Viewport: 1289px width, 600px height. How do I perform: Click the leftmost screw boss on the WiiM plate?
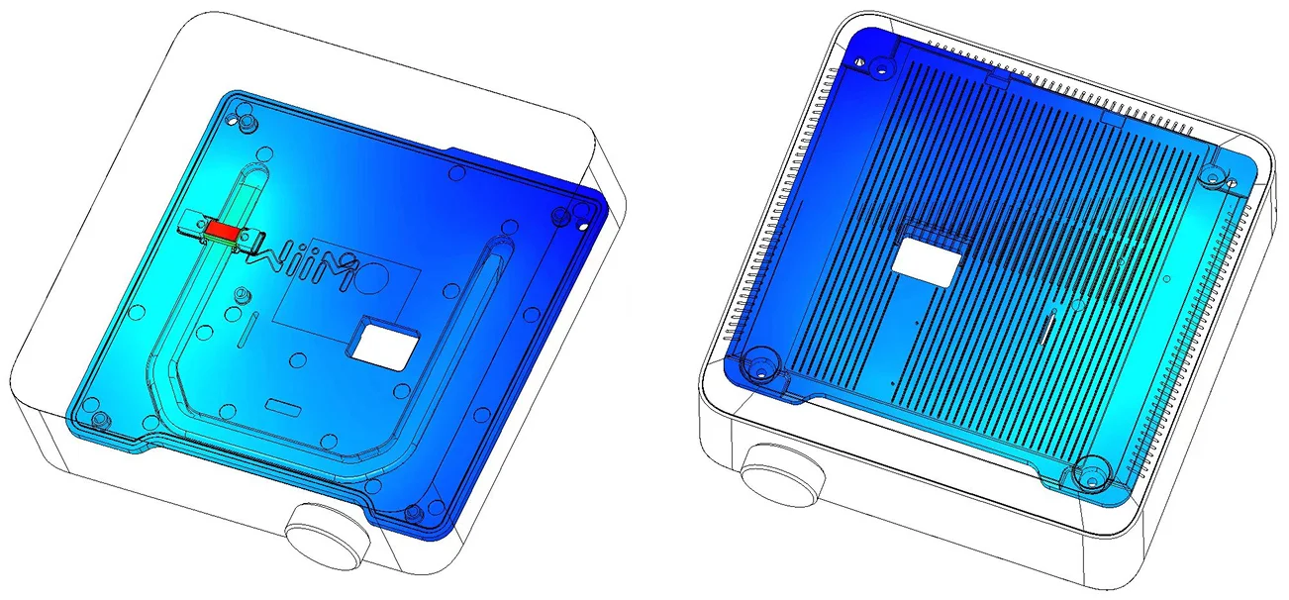(x=100, y=418)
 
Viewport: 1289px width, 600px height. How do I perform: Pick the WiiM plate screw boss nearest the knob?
(x=412, y=512)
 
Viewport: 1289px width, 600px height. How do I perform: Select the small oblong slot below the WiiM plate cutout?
(x=282, y=406)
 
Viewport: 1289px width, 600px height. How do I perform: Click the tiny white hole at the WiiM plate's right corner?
(x=583, y=227)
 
